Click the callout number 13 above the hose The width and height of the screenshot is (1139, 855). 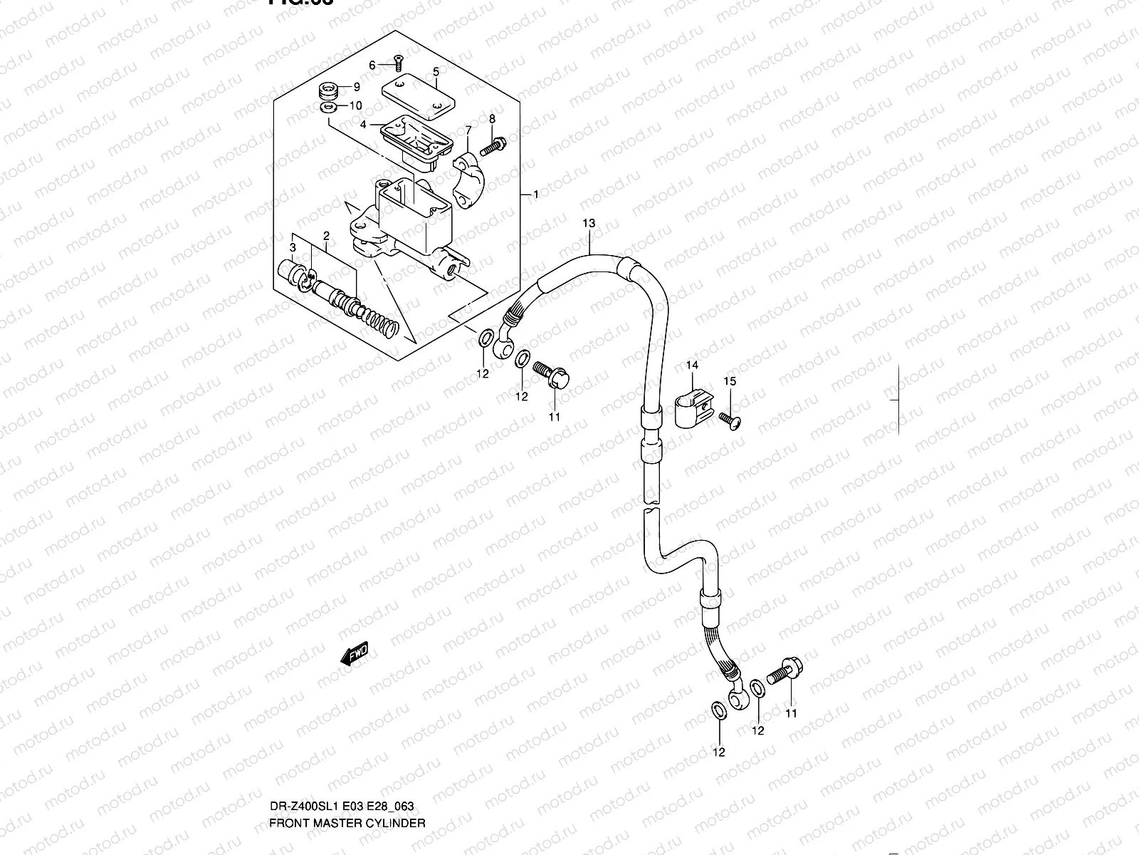[589, 224]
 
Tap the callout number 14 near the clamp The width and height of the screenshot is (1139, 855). [692, 365]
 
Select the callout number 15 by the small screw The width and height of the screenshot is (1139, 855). [730, 381]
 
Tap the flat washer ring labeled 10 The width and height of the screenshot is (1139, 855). [329, 107]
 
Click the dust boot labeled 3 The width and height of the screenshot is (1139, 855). [291, 272]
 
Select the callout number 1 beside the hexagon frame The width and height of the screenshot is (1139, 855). [535, 194]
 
